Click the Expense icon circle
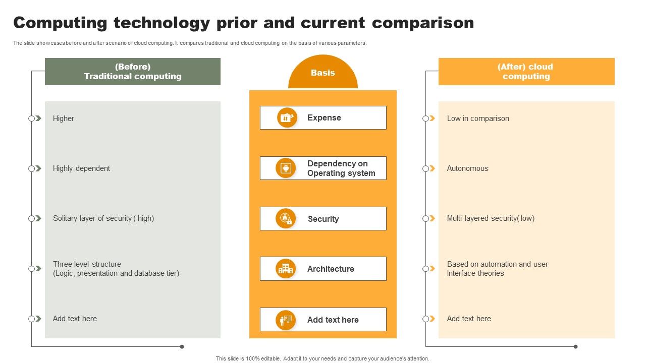tap(287, 117)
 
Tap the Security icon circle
tap(286, 218)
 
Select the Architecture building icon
tap(286, 269)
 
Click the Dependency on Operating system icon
tap(286, 168)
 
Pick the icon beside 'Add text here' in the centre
tap(286, 320)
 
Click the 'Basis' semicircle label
tap(323, 73)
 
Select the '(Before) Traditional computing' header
tap(133, 72)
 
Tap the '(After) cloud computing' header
tap(526, 72)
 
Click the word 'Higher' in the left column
tap(64, 118)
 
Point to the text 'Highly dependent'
tap(81, 168)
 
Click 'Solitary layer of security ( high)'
tap(103, 218)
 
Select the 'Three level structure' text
tap(87, 264)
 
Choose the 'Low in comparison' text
tap(478, 118)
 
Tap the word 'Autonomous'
tap(467, 168)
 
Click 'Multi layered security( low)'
tap(491, 218)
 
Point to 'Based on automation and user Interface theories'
tap(497, 269)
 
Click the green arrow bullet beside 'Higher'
tap(38, 118)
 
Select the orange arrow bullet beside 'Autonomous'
tap(432, 168)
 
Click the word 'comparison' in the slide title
tap(423, 23)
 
